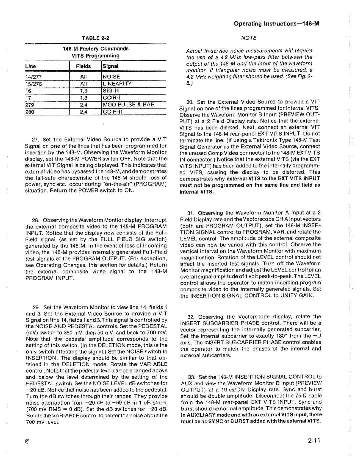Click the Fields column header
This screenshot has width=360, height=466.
point(81,66)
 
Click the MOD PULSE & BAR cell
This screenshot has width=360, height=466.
point(129,104)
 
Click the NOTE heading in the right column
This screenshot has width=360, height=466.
point(249,38)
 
